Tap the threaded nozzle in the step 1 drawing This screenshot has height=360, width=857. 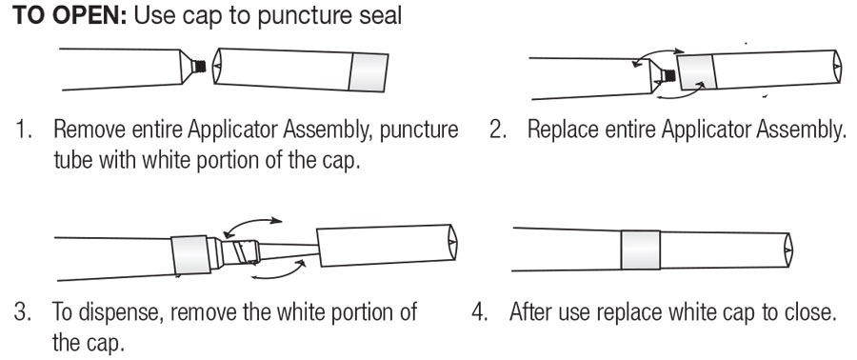(x=201, y=67)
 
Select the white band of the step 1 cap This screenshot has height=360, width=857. (x=369, y=72)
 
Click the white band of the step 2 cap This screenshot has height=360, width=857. (x=697, y=71)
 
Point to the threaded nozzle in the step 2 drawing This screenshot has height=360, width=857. (x=667, y=74)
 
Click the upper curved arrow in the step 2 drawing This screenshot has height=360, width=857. (x=656, y=57)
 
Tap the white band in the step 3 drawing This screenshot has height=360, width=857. (x=190, y=255)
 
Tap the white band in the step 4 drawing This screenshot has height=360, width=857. (x=641, y=250)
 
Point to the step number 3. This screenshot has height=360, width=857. (x=22, y=312)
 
